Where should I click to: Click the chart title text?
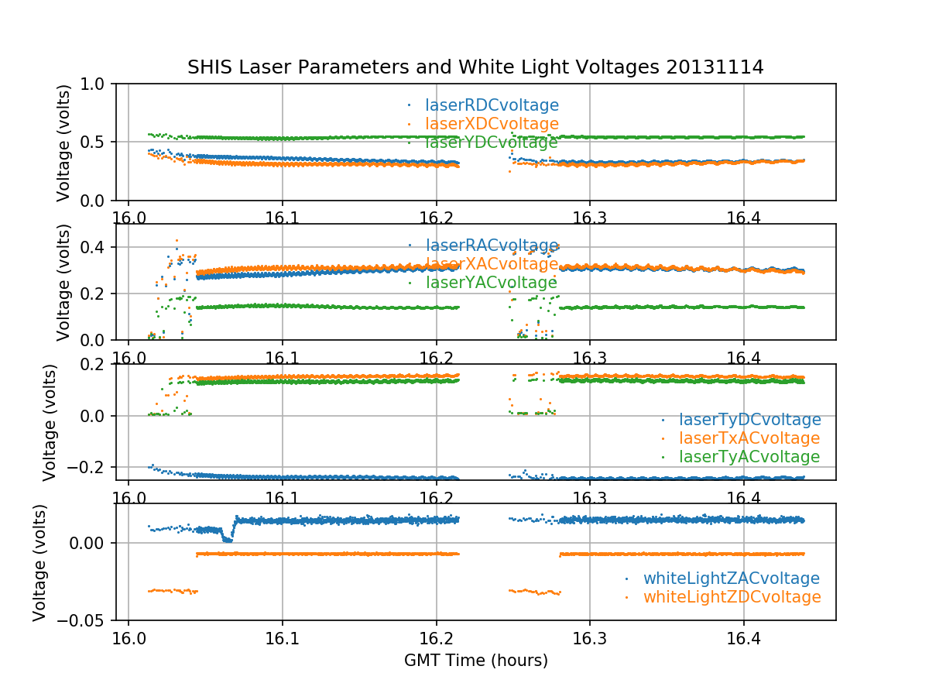(x=475, y=67)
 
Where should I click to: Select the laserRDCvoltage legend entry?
(x=492, y=105)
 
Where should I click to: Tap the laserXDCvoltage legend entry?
(x=492, y=124)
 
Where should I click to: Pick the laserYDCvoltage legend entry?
(x=492, y=142)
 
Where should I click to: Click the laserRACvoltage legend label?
(x=492, y=245)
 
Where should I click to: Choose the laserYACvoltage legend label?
(x=492, y=283)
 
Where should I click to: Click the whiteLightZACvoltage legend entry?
(x=731, y=579)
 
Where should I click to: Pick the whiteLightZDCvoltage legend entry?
(x=731, y=597)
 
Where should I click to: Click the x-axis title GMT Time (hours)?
(x=475, y=661)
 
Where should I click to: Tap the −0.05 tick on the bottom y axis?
(x=83, y=620)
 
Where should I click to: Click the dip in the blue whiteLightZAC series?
(x=227, y=539)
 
